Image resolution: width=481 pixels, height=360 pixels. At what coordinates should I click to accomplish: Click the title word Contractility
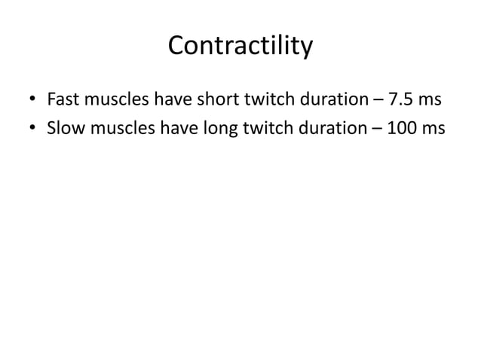pos(240,47)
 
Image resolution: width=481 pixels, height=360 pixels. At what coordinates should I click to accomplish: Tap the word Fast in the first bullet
pos(62,99)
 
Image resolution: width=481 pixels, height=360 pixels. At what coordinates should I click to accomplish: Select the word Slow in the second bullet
pos(64,130)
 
